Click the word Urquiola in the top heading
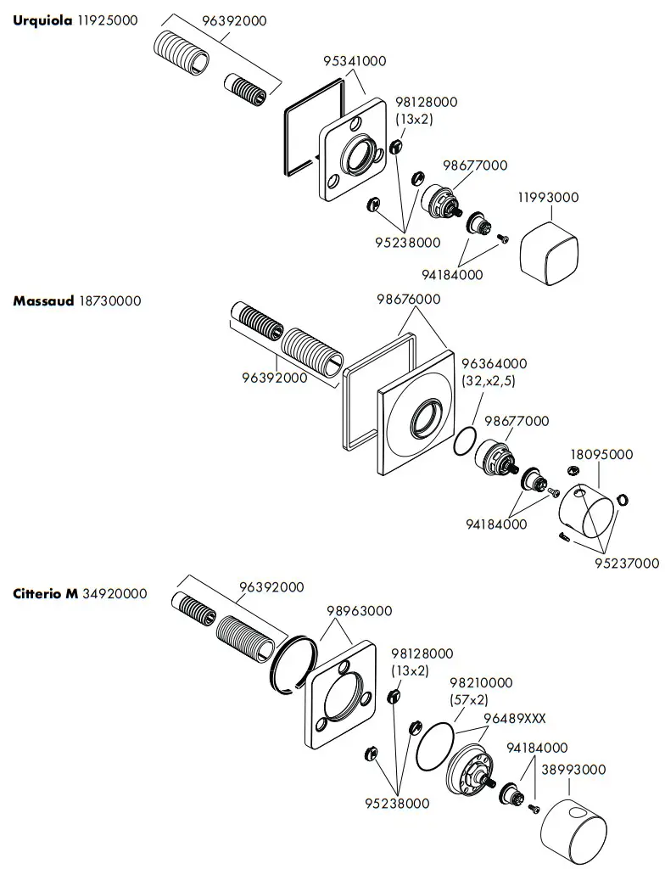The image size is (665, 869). click(37, 20)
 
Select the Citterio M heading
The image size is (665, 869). click(45, 593)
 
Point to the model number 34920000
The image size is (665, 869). click(115, 593)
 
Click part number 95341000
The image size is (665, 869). click(355, 61)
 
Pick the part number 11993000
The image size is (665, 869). click(548, 197)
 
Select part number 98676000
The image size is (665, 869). click(409, 299)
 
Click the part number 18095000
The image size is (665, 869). click(601, 454)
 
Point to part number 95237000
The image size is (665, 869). click(627, 563)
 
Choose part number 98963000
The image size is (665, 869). click(360, 610)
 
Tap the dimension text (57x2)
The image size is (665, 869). click(469, 699)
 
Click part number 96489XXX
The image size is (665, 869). click(514, 718)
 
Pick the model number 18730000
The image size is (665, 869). click(110, 300)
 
